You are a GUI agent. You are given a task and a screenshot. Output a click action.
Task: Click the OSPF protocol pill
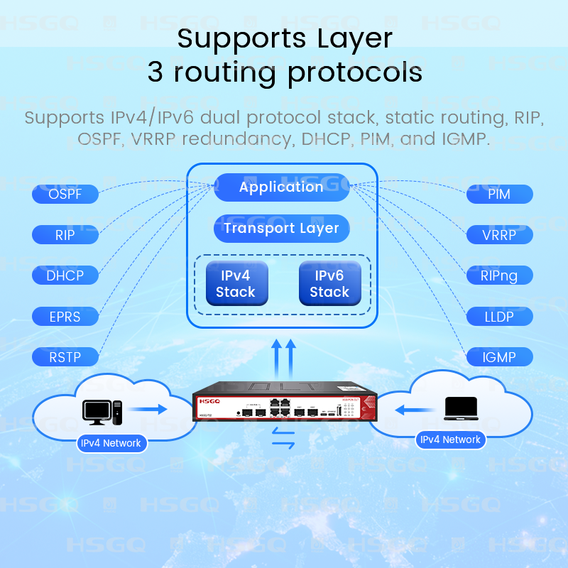[x=65, y=194]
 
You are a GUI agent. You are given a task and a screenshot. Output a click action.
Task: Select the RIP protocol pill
[x=65, y=235]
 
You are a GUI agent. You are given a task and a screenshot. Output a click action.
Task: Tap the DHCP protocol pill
[x=65, y=275]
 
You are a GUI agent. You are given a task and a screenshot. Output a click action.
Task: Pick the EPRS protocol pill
[x=65, y=317]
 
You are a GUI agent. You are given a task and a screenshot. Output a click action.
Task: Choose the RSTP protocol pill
[x=65, y=357]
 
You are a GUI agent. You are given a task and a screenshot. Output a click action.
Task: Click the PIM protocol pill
[x=499, y=194]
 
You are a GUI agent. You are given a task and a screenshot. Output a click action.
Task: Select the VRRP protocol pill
[x=499, y=235]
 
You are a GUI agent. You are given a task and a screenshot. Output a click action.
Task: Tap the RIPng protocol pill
[x=499, y=275]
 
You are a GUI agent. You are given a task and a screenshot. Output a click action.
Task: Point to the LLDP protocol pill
[x=499, y=317]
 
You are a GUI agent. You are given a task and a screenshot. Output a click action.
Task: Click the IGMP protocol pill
[x=499, y=357]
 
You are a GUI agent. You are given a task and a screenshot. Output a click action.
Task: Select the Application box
[x=282, y=187]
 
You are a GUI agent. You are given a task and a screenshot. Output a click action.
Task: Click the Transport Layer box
[x=282, y=229]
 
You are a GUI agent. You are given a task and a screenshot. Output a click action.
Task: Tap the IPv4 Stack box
[x=235, y=283]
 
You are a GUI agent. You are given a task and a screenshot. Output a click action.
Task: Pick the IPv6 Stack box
[x=329, y=283]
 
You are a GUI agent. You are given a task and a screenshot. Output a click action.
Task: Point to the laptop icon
[x=461, y=408]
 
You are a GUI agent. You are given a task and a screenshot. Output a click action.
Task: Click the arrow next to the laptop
[x=415, y=409]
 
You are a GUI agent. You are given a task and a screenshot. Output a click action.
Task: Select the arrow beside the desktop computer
[x=148, y=409]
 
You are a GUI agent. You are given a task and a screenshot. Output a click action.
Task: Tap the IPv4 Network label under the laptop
[x=450, y=439]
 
